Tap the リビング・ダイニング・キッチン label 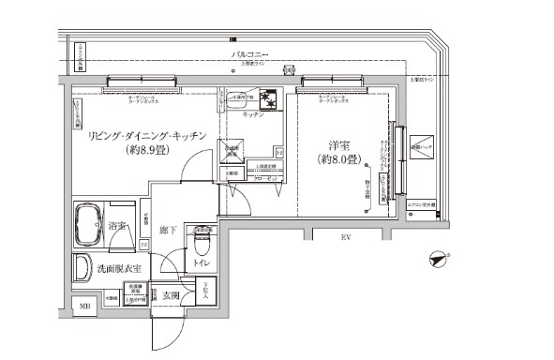coord(140,135)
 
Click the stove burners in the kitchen coord(269,97)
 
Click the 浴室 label coord(118,226)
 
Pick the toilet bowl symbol coord(201,246)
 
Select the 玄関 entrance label coord(170,296)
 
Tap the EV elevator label coord(345,237)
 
